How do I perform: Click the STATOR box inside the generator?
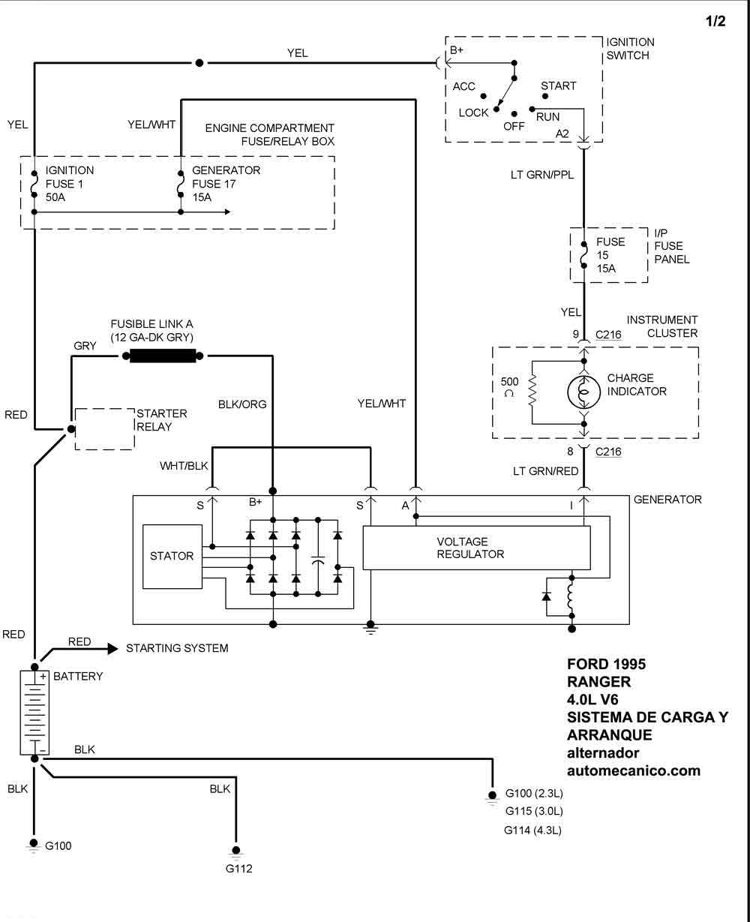pos(172,556)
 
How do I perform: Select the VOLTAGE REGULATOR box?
pos(476,548)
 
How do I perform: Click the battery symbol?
pos(34,712)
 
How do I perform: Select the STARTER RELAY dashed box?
pos(105,428)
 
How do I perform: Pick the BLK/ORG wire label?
pos(242,404)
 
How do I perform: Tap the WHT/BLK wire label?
pos(184,466)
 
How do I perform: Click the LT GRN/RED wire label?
pos(545,471)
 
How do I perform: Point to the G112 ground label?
pos(238,869)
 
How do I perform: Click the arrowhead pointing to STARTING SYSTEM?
pos(112,648)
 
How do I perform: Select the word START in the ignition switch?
pos(558,86)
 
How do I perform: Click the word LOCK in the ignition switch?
pos(473,113)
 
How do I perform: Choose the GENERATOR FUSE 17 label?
pos(226,177)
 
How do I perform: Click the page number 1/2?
pos(715,22)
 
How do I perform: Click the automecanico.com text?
pos(634,770)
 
